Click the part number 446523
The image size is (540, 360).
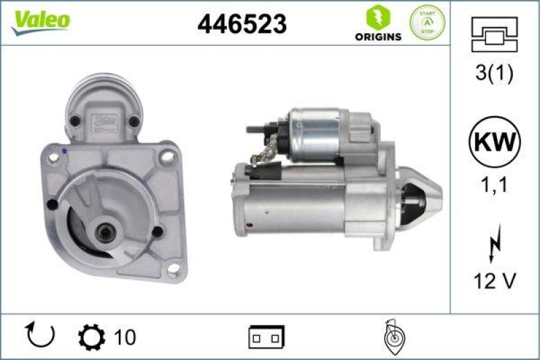click(x=242, y=24)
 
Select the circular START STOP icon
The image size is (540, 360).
click(x=428, y=22)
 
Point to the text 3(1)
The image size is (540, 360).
click(x=495, y=73)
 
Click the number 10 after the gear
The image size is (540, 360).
click(x=125, y=336)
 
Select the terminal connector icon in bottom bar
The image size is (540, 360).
click(x=267, y=336)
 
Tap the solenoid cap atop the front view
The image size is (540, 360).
click(x=105, y=101)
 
